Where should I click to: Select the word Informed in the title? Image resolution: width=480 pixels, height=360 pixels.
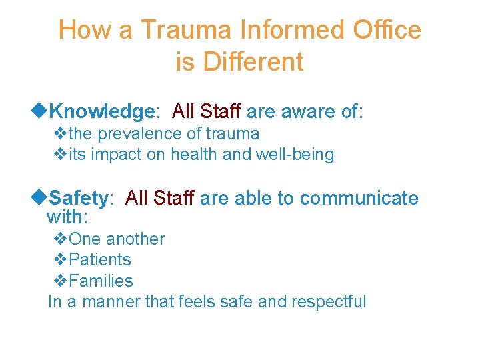coord(287,31)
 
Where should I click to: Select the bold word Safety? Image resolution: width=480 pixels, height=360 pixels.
coord(78,198)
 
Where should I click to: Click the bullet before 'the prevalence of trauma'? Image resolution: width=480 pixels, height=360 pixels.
coord(59,134)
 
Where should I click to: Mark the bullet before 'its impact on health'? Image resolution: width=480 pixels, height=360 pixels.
coord(59,155)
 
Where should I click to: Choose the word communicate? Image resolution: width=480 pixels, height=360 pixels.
coord(359,198)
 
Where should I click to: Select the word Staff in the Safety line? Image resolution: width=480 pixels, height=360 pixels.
coord(174,198)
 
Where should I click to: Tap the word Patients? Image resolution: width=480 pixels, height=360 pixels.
coord(100,260)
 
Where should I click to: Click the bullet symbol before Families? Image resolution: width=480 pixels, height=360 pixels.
coord(59,281)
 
